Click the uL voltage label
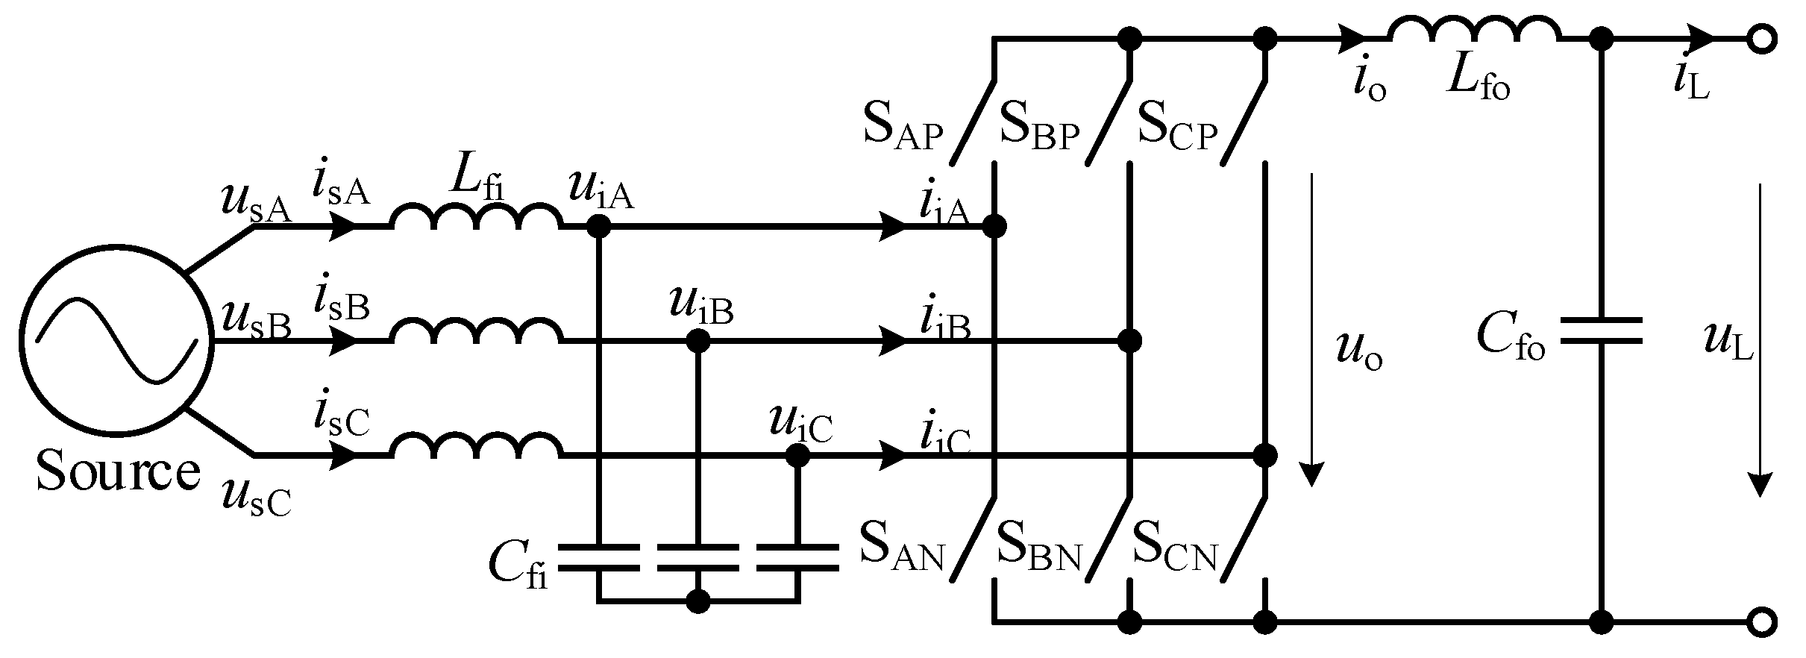(x=1728, y=344)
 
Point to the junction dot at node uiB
(x=698, y=342)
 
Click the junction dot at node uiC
(x=797, y=455)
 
